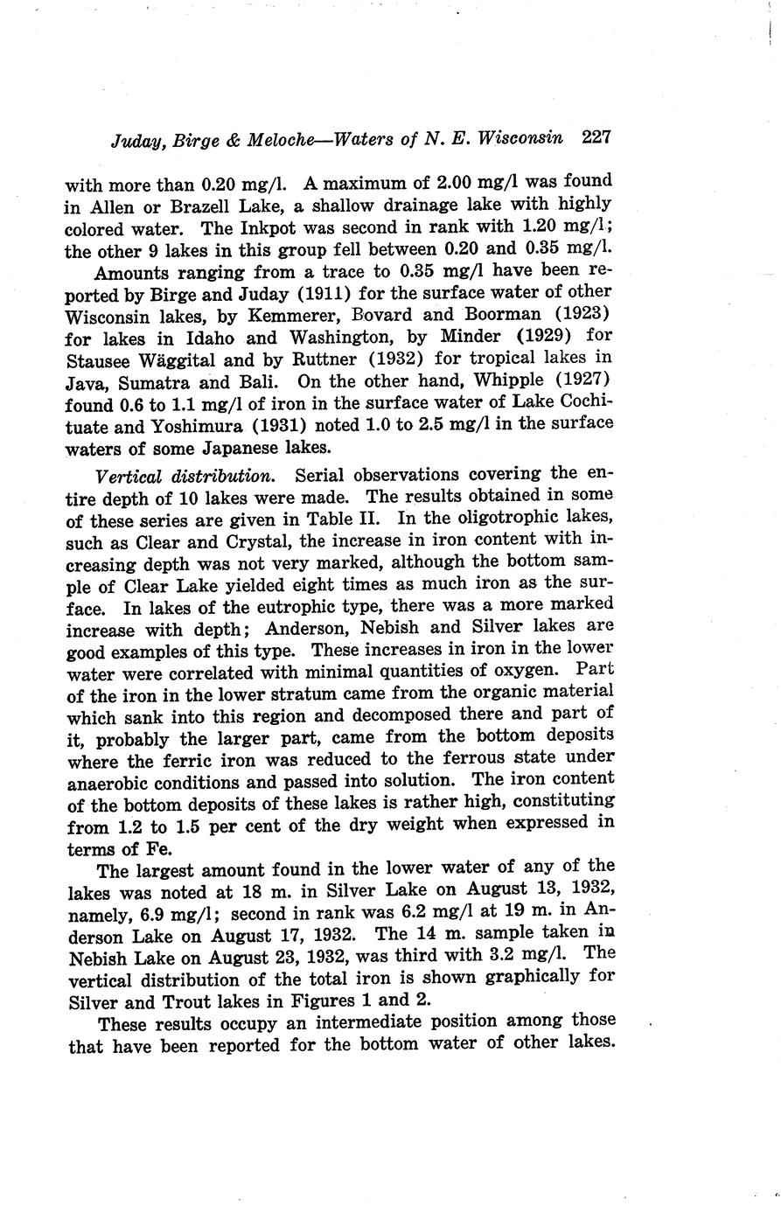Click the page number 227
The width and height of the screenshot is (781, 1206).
point(595,137)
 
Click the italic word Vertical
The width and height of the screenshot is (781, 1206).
point(126,476)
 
